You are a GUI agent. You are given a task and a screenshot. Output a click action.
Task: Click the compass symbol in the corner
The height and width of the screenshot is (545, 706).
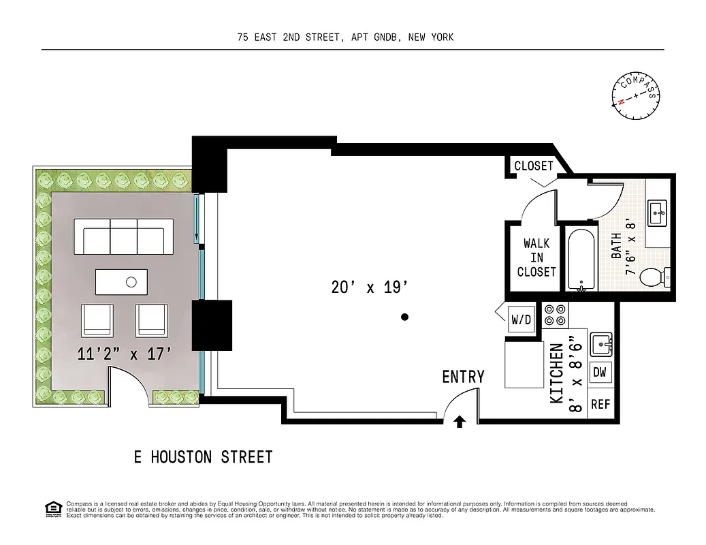tap(637, 96)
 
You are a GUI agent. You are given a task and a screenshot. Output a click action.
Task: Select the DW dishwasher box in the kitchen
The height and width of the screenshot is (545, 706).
tap(600, 372)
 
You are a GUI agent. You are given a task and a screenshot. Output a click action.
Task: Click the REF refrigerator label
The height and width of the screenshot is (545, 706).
tap(600, 404)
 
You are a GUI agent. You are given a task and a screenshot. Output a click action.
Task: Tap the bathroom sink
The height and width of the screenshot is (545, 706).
tap(658, 213)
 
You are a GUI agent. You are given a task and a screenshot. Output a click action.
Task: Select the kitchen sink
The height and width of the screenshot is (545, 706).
tap(600, 343)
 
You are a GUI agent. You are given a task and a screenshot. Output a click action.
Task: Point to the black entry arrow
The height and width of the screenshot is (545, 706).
tap(460, 422)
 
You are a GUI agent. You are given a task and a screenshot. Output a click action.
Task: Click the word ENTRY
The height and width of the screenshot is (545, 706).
tap(463, 377)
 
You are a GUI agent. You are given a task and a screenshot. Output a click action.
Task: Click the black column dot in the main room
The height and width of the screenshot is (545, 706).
tap(404, 317)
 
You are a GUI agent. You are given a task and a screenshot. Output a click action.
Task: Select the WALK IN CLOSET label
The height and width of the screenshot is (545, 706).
tap(536, 258)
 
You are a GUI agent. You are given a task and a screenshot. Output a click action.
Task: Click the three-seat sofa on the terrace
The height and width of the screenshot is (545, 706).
tap(124, 236)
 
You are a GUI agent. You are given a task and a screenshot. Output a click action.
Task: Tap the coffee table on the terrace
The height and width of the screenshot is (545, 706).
tap(121, 281)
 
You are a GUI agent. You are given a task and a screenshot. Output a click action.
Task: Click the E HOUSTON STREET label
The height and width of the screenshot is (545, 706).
tap(203, 456)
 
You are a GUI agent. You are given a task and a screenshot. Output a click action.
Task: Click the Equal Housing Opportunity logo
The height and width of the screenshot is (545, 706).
tap(52, 508)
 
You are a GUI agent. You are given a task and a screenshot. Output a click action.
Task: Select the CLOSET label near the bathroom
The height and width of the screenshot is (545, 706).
tap(533, 166)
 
